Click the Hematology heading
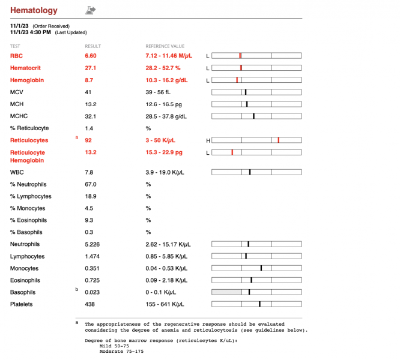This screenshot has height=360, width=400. (x=34, y=10)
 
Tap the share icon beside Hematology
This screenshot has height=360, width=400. (x=91, y=10)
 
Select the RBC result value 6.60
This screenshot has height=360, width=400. (x=91, y=56)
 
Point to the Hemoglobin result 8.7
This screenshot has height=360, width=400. (x=89, y=80)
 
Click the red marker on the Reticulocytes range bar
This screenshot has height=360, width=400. (x=279, y=140)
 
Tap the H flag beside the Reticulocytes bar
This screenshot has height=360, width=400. (x=208, y=140)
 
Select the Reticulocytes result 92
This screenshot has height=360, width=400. (x=88, y=140)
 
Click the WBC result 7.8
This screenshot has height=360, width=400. (x=89, y=172)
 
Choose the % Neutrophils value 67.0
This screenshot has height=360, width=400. (x=91, y=184)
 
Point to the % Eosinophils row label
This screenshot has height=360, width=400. (x=29, y=220)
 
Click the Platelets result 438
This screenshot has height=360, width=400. (x=90, y=304)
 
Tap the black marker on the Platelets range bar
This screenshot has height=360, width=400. (x=259, y=304)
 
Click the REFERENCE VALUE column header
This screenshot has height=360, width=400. (x=165, y=46)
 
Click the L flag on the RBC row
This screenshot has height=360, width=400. (x=208, y=56)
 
